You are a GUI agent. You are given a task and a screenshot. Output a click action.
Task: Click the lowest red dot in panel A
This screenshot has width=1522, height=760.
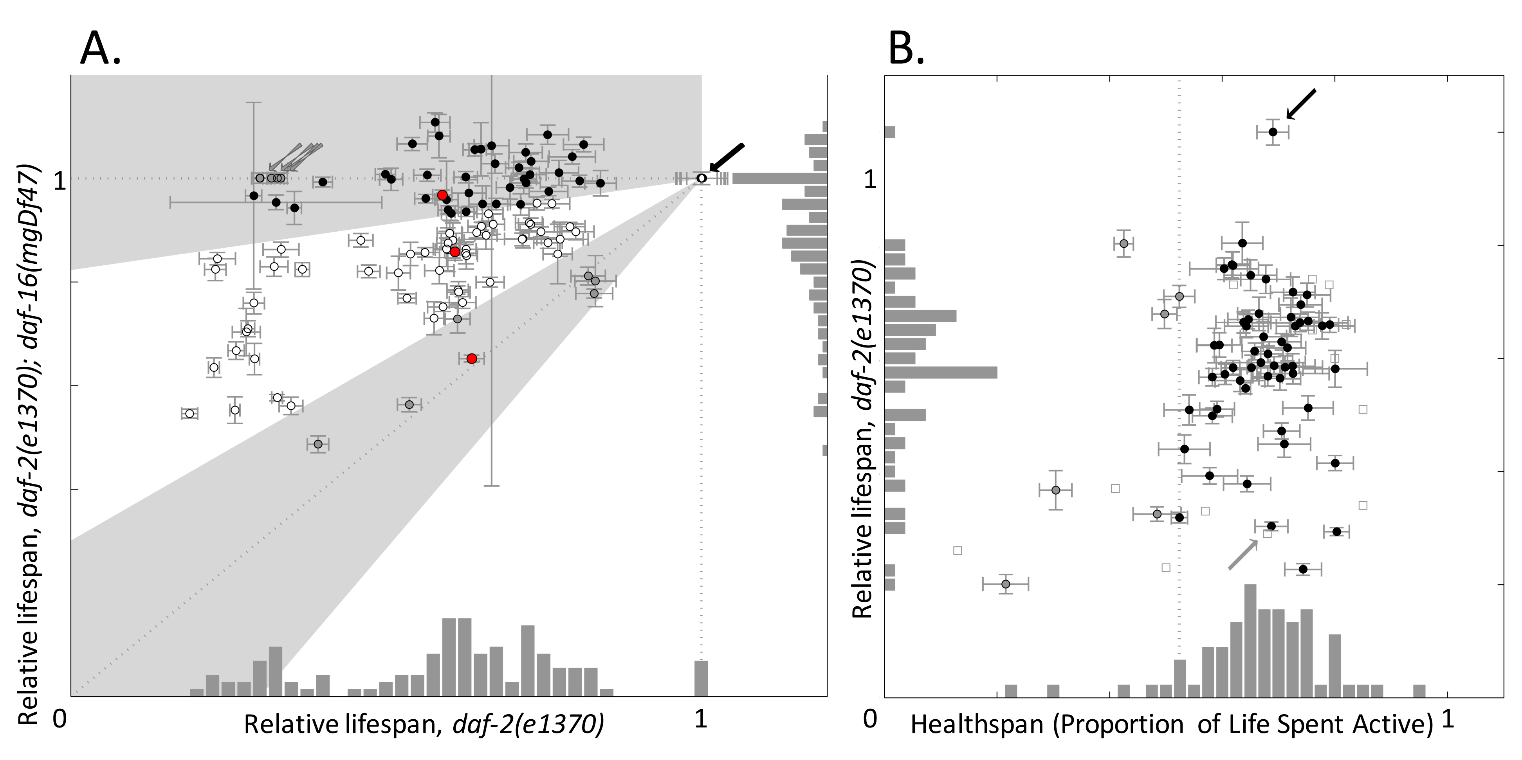tap(471, 358)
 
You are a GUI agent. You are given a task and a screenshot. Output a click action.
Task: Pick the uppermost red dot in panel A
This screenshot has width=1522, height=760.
tap(442, 195)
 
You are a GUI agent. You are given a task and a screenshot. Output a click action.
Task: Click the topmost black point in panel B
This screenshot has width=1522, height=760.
tap(1273, 131)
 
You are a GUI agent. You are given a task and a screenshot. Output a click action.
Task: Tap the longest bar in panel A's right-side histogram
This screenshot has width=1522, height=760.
tap(779, 178)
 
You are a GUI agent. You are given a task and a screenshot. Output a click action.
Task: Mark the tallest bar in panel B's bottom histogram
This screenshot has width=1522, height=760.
tap(1250, 641)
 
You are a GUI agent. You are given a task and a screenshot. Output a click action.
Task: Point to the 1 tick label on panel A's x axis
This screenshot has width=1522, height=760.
tap(701, 719)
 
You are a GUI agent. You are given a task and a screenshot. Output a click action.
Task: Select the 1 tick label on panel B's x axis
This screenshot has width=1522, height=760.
tap(1448, 719)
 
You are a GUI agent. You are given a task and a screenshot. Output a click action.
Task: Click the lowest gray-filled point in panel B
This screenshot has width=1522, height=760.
tap(1006, 584)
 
